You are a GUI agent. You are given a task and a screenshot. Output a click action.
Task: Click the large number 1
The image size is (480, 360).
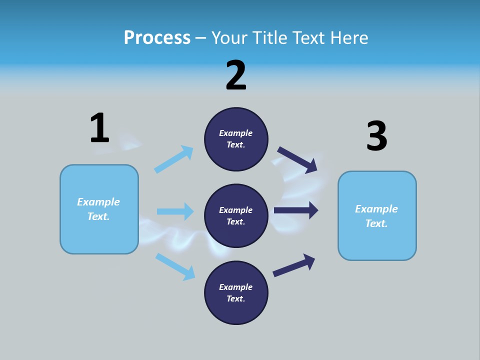tap(99, 128)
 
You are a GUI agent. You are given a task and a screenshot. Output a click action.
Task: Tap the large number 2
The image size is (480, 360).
tap(236, 75)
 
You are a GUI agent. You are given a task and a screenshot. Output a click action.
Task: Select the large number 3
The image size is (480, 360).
tap(377, 136)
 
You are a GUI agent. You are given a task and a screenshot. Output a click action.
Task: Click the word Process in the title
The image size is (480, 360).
tap(157, 37)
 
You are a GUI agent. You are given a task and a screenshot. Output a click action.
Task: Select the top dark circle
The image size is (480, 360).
tap(236, 139)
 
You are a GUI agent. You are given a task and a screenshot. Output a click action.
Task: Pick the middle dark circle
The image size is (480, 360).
tap(236, 215)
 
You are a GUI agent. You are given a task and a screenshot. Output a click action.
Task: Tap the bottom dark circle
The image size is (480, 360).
tap(236, 292)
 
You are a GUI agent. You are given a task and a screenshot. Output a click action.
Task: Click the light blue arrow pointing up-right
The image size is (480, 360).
tap(174, 159)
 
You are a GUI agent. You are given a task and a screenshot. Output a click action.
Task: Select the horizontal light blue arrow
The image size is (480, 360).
tap(175, 211)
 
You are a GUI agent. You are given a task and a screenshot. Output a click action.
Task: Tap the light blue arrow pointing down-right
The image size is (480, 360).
tap(175, 266)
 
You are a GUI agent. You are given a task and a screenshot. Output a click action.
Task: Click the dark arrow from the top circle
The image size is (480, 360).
tap(297, 159)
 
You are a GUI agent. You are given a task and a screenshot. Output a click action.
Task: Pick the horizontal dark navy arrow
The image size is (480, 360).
tap(296, 210)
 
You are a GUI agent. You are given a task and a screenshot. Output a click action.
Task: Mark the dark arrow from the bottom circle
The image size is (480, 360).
tap(294, 265)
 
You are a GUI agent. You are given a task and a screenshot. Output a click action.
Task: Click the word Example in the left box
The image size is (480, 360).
tap(98, 202)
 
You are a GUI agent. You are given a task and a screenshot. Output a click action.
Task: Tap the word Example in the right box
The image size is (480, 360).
tap(376, 209)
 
